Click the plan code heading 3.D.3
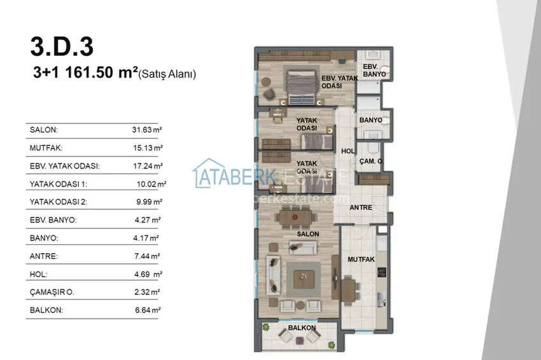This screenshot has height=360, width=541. coord(62,46)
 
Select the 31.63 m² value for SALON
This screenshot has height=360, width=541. coord(147,130)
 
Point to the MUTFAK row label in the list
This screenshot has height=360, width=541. coord(46,148)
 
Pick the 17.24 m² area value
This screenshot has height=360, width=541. coord(148,166)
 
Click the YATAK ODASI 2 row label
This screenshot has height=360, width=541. coord(59,202)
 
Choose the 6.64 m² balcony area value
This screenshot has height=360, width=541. coord(148,310)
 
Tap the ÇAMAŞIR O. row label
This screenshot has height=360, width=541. coord(52,293)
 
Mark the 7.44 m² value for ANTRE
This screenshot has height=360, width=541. coord(147,256)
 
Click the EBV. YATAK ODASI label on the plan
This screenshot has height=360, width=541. coord(339,82)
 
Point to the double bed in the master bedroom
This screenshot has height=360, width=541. coord(302,88)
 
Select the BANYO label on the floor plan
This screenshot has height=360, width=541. coord(370,120)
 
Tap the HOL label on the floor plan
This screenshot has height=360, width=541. coord(348,151)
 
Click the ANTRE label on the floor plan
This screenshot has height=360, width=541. coord(361,207)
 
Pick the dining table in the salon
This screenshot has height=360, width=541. coord(296,218)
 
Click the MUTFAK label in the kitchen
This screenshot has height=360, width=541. coord(361,260)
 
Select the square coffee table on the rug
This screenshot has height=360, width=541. coord(304,279)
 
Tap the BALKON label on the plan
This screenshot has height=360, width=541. coord(302,328)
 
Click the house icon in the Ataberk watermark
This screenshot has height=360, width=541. coord(209,173)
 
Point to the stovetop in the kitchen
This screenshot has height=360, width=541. coord(382,272)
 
